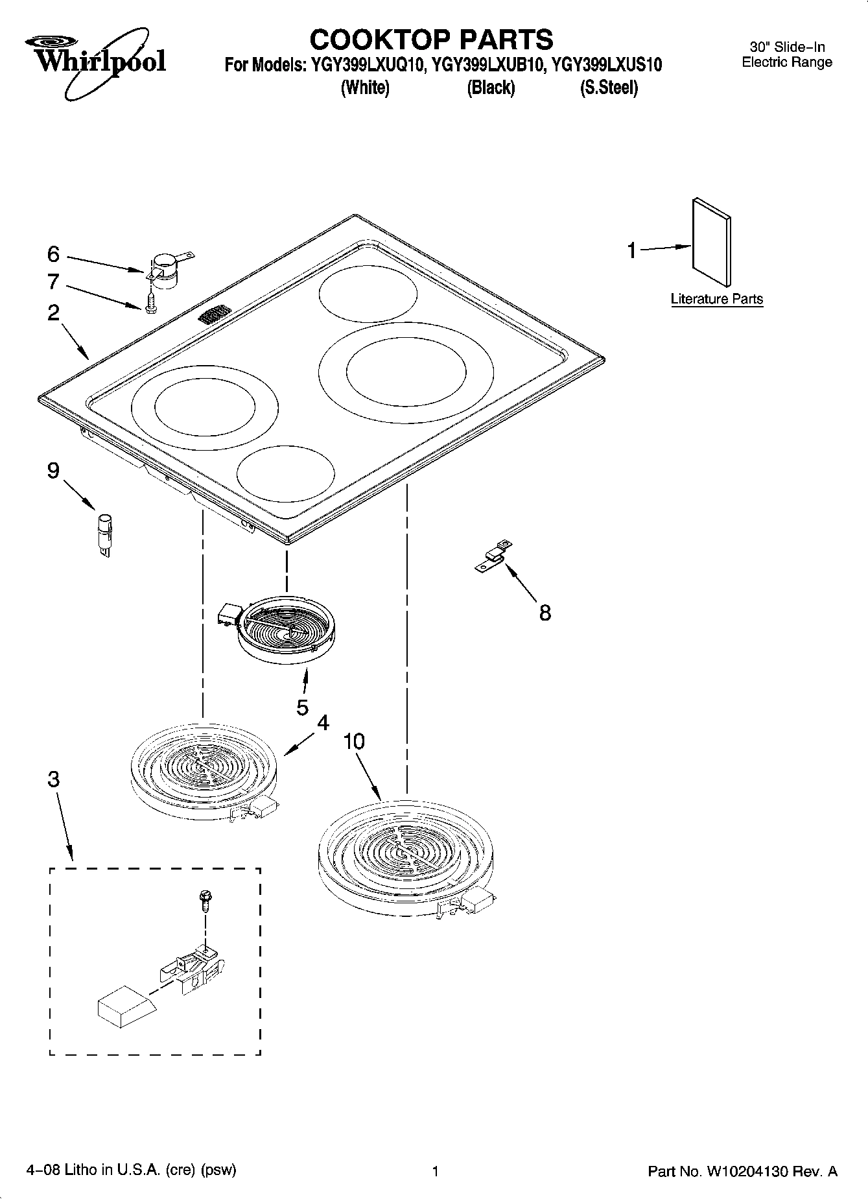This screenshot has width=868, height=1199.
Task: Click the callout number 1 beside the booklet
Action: click(x=632, y=250)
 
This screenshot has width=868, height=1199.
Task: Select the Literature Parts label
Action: click(x=716, y=299)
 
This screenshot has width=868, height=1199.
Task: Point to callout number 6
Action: click(x=53, y=254)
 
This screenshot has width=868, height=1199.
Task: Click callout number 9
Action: click(x=53, y=470)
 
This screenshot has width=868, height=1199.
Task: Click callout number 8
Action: click(x=545, y=612)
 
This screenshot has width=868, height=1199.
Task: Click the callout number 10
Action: click(x=354, y=741)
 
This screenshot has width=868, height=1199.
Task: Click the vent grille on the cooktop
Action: click(x=215, y=316)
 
